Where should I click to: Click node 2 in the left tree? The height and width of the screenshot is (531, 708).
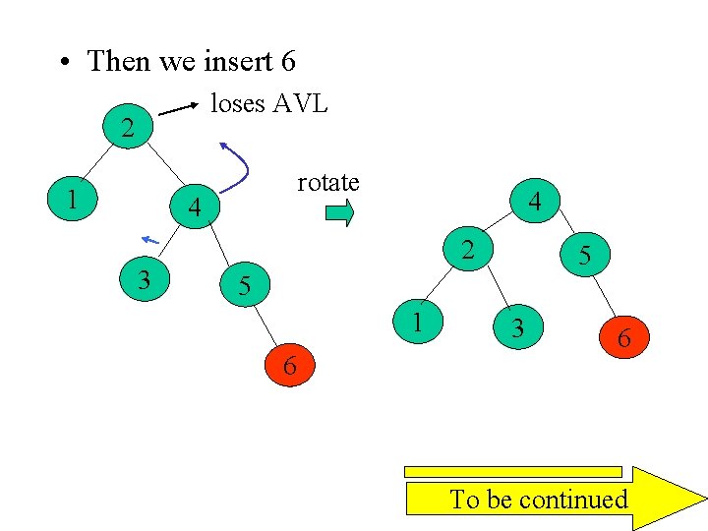point(127,128)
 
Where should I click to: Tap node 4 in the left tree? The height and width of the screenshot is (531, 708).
point(195,208)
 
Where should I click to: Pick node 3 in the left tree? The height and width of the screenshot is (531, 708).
point(144,280)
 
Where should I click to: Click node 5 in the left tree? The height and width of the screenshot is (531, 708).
point(246,286)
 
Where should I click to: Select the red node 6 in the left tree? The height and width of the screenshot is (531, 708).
point(289,366)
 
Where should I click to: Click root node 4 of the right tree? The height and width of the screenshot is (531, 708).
point(534,202)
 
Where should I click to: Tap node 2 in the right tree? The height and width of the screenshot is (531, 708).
point(469,250)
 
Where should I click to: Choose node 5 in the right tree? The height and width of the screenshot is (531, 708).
point(584,257)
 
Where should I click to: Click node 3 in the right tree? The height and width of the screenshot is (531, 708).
point(516,327)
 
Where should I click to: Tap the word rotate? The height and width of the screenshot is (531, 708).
point(328,183)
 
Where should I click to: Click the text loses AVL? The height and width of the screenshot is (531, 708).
point(269,102)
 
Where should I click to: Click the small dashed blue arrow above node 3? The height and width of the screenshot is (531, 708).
point(150,239)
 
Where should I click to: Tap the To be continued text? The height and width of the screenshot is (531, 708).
point(538,500)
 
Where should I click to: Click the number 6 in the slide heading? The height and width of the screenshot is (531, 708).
point(287,61)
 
